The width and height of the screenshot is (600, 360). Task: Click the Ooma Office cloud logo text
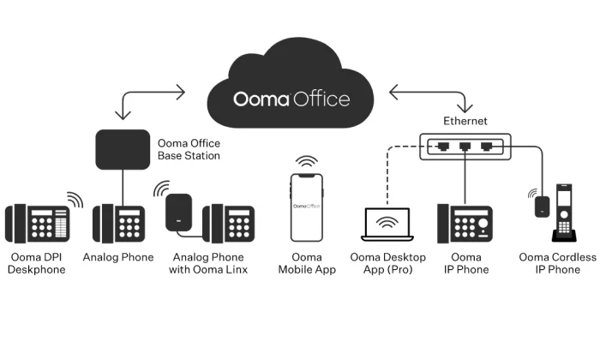pos(291,99)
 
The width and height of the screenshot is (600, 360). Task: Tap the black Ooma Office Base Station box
pos(123,150)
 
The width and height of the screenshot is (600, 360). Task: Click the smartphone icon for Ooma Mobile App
pos(307,207)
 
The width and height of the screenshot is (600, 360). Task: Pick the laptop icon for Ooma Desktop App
pos(387,225)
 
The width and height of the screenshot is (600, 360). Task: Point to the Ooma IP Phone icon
pos(465,224)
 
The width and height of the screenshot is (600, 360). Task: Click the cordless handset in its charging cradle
pos(564,213)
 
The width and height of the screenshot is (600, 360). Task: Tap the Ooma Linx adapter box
pos(178,213)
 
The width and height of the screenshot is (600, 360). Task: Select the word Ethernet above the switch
pos(465,121)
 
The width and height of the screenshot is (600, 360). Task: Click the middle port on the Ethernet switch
pos(465,147)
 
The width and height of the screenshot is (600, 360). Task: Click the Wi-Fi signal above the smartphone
pos(307,161)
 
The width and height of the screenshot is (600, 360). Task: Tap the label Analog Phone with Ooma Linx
pos(208,263)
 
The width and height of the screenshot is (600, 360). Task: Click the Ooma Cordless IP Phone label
pos(557,263)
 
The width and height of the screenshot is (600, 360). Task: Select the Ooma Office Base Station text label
pos(189,149)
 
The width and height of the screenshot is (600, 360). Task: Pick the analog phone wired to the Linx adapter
pos(229,224)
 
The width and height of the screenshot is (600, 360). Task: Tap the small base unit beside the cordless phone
pos(542,207)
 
